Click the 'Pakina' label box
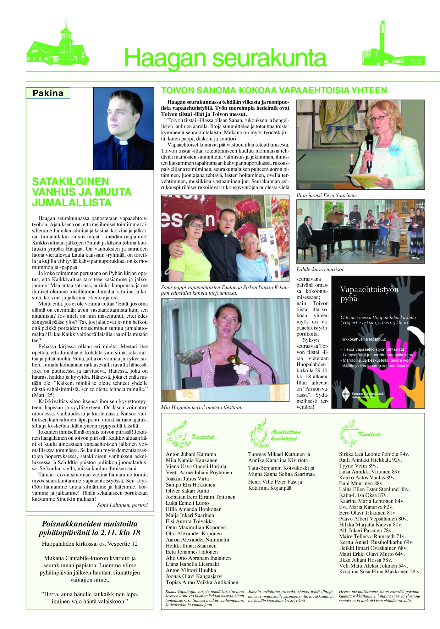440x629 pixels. click(48, 93)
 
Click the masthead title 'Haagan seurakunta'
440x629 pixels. click(225, 58)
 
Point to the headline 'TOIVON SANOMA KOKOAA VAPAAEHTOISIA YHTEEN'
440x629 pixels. click(274, 91)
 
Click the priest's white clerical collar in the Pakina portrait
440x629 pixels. click(123, 142)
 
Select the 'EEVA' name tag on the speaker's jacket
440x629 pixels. click(394, 150)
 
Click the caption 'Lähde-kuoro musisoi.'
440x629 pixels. click(320, 270)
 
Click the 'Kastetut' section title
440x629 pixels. click(203, 437)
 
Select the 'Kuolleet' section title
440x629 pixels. click(369, 434)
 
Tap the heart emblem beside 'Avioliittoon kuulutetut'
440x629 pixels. click(260, 435)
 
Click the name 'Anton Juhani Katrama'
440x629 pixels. click(191, 454)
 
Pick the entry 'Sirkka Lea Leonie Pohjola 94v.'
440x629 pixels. click(374, 454)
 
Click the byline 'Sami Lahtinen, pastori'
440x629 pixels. click(122, 505)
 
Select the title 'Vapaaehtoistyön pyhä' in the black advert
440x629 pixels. click(369, 294)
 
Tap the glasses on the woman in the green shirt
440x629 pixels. click(197, 225)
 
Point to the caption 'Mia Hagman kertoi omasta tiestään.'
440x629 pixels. click(201, 407)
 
